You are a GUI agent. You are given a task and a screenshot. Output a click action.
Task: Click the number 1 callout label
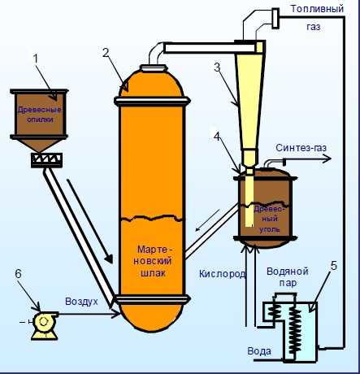pos(36,59)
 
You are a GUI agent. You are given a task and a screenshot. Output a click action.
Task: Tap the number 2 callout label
pos(106,52)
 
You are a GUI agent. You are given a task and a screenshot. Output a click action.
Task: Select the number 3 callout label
pos(217,67)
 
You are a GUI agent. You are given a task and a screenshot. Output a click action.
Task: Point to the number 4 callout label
pos(218,137)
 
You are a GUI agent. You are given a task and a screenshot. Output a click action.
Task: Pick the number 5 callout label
pos(334,266)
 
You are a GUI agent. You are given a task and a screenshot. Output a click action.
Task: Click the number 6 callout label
pos(18,274)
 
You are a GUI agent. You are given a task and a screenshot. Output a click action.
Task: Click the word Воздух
pos(81,302)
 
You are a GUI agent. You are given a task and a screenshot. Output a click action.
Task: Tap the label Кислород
pos(223,274)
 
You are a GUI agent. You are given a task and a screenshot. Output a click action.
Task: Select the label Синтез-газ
pos(301,148)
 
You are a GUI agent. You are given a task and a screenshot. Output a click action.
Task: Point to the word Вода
pos(259,351)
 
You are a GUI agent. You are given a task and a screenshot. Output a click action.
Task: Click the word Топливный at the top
pos(317,9)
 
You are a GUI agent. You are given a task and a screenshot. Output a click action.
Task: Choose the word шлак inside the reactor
pos(154,273)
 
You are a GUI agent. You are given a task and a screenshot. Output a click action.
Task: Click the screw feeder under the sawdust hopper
pos(46,160)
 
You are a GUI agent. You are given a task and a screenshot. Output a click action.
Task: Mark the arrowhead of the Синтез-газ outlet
pos(327,159)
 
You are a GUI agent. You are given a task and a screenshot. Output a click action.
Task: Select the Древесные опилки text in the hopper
pos(40,115)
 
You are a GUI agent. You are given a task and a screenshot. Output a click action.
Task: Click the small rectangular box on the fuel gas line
pos(275,18)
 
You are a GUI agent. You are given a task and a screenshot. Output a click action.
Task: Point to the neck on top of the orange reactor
pos(154,67)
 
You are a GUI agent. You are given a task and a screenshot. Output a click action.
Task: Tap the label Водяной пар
pos(288,277)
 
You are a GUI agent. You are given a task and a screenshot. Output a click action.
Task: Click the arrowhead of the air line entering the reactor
pos(116,315)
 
